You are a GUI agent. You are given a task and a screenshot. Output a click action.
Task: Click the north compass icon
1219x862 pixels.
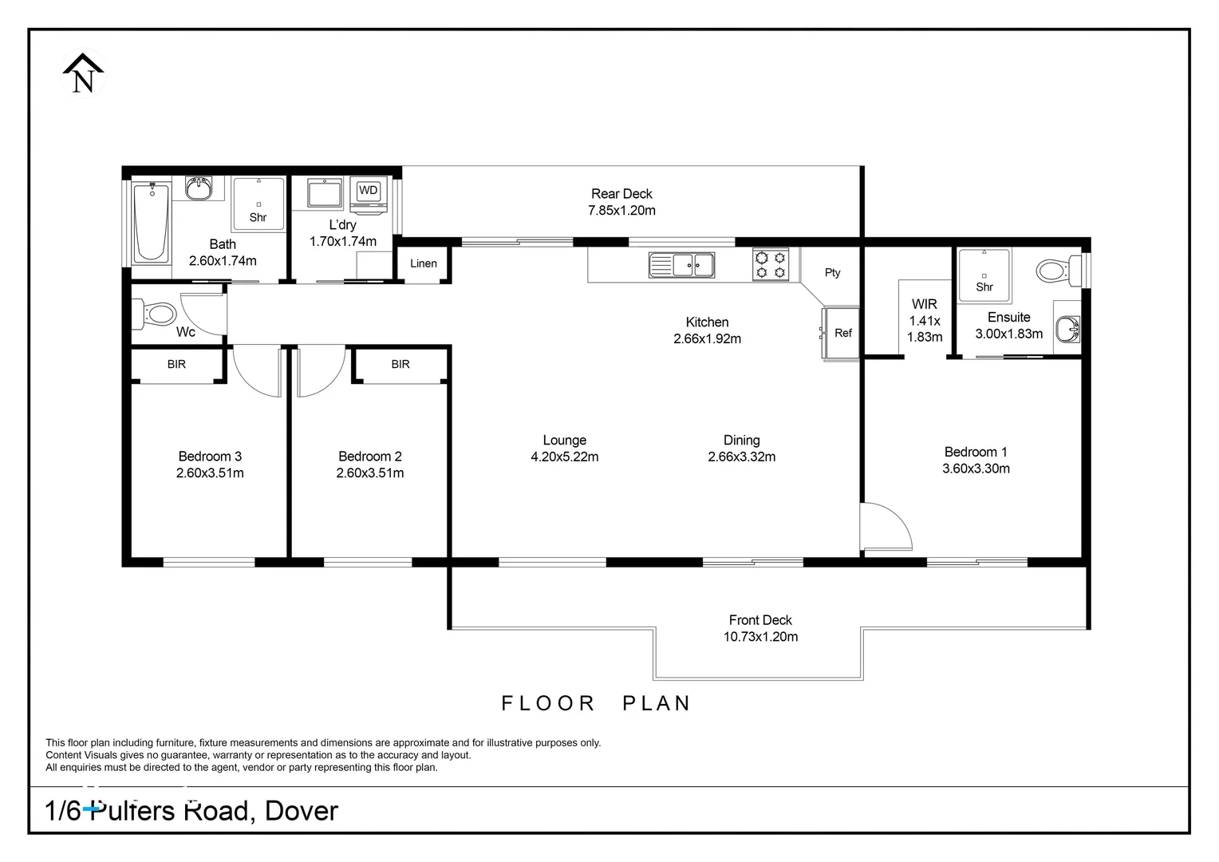83,73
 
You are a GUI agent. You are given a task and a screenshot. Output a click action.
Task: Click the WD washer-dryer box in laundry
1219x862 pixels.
368,191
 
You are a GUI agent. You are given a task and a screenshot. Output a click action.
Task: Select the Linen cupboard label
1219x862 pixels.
424,263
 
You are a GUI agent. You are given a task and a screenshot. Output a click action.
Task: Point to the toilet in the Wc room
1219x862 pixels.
156,314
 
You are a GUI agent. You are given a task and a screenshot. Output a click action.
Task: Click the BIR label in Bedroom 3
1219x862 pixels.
176,364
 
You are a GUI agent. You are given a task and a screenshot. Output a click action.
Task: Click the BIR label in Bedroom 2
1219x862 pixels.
400,364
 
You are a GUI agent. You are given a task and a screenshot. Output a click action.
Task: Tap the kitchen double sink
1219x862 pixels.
681,264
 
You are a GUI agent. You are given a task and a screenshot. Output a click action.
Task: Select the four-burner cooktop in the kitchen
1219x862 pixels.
771,264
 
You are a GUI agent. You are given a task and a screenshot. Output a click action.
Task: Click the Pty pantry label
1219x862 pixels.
832,272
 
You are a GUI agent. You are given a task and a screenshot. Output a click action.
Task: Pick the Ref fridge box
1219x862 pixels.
842,333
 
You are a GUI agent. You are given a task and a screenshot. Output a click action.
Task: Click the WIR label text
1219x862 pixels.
925,304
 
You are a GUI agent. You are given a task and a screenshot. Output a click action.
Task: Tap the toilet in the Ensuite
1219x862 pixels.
1055,271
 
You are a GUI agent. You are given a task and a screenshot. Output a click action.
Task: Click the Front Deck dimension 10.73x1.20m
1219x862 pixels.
760,637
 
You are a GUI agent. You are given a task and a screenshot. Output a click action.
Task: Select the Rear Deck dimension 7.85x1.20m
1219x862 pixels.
621,211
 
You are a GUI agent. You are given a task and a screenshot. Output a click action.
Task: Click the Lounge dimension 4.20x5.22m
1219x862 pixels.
564,457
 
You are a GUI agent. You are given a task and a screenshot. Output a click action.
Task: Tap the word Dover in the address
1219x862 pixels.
302,811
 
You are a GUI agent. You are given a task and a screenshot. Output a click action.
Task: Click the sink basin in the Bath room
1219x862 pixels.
198,189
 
